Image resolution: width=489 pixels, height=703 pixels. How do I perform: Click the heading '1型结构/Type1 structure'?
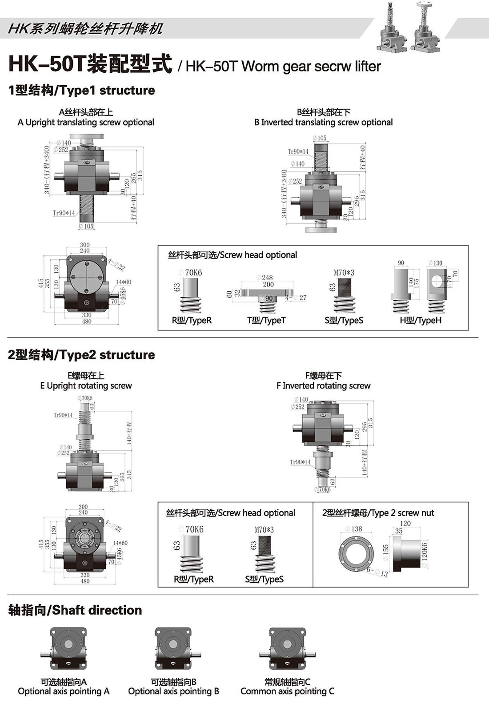(81, 90)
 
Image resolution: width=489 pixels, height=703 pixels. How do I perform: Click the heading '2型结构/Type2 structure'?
(81, 355)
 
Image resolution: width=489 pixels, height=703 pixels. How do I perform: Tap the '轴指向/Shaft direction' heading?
(75, 610)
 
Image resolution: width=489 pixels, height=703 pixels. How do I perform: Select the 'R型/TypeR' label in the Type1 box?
(192, 320)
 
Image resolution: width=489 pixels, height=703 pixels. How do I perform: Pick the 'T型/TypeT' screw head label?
(266, 320)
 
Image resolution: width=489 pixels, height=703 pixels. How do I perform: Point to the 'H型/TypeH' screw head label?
(421, 320)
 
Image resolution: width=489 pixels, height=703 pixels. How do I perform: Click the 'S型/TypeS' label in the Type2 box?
(264, 579)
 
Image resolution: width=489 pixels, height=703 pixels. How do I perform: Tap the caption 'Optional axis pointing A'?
(64, 691)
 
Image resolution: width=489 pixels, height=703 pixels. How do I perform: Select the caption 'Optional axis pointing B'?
(173, 691)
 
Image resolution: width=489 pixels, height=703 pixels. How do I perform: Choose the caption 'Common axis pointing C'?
(287, 691)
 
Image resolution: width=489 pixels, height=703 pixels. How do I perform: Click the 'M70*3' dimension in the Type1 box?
(344, 273)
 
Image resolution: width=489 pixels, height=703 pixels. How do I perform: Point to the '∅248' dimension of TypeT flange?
(265, 278)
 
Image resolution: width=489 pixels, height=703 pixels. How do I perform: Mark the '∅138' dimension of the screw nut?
(354, 529)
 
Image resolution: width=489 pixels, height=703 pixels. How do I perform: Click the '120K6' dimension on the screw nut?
(425, 555)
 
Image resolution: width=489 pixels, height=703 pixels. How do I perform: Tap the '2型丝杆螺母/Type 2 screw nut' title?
(378, 513)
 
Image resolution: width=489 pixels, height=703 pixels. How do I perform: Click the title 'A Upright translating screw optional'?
(86, 122)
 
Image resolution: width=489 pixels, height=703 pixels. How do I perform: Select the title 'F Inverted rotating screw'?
(323, 385)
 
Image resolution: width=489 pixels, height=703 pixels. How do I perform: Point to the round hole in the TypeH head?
(436, 281)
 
